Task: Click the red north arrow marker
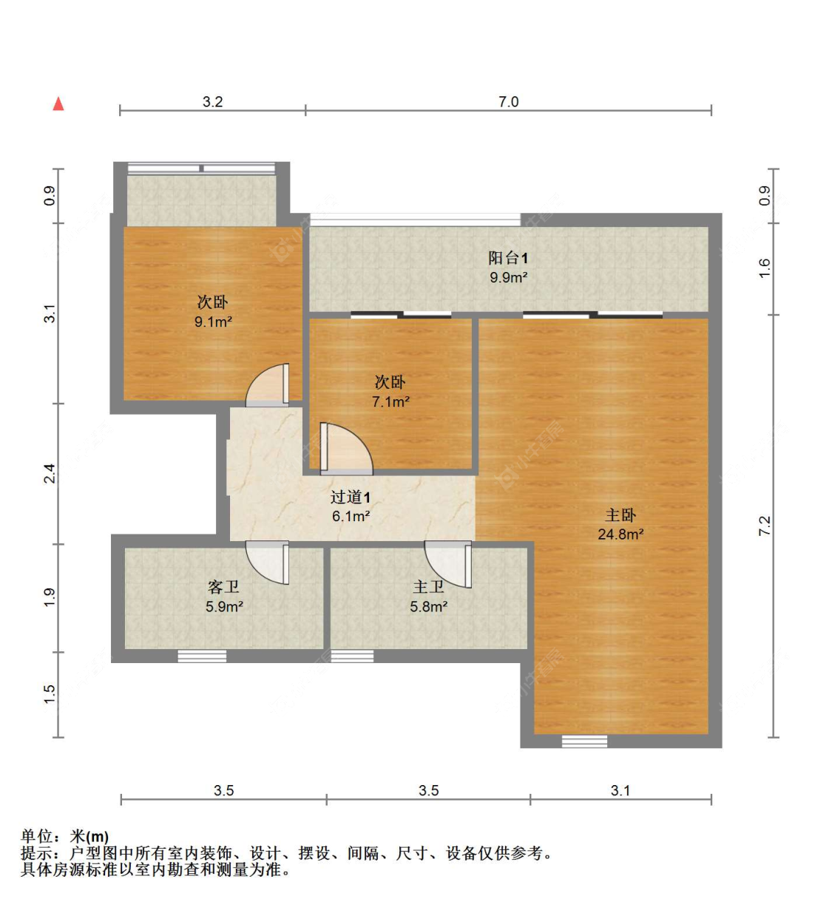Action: [58, 103]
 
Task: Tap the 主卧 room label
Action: [620, 515]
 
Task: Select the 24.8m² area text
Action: [620, 534]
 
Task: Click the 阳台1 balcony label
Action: [507, 258]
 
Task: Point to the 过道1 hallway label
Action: [350, 498]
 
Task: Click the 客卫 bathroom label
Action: [223, 587]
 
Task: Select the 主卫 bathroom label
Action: [428, 587]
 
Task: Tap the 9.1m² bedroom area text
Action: [213, 322]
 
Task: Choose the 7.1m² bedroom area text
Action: [390, 401]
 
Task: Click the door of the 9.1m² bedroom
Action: [269, 386]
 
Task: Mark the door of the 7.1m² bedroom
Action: [345, 449]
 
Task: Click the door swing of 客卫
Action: [268, 563]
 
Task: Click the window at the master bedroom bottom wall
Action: [584, 741]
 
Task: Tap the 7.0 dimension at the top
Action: [508, 102]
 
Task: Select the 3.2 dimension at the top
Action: [212, 102]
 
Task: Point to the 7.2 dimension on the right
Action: [765, 526]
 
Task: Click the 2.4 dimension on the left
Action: [49, 473]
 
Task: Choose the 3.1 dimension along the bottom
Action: [620, 790]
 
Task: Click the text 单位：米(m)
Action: [65, 836]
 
